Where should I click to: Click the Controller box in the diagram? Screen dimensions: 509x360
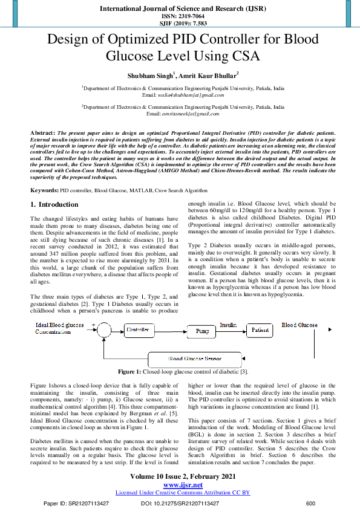coord(139,330)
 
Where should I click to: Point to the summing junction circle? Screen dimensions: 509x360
coord(105,330)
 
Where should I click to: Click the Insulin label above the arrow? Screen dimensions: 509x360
coord(227,325)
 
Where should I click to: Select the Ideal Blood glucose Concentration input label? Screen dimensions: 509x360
coord(57,328)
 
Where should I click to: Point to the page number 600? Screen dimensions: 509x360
coord(311,503)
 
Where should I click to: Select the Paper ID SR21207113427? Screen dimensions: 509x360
coord(77,503)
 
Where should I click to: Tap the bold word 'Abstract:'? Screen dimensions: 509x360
coord(42,131)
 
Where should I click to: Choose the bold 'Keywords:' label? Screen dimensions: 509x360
coord(45,173)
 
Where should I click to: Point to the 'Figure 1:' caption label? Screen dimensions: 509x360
coord(129,371)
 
